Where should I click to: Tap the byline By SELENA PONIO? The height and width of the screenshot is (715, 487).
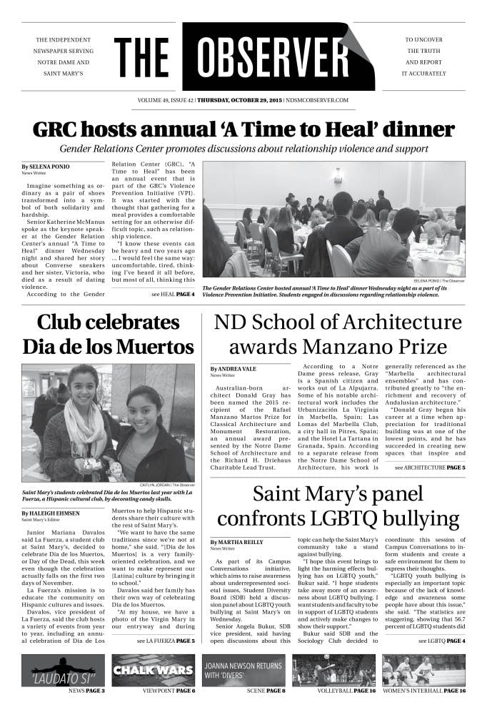pyautogui.click(x=45, y=166)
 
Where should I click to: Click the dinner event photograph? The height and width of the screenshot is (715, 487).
pyautogui.click(x=333, y=219)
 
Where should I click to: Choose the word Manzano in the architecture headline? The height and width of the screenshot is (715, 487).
pyautogui.click(x=339, y=347)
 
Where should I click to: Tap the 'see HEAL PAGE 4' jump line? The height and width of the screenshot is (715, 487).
pyautogui.click(x=172, y=294)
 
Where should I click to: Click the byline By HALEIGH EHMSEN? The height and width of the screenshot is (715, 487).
pyautogui.click(x=51, y=513)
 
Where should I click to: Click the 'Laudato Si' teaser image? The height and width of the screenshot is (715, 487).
pyautogui.click(x=63, y=670)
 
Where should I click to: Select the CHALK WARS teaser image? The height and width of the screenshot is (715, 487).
pyautogui.click(x=154, y=670)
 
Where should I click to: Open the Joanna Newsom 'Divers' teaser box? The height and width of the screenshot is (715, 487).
pyautogui.click(x=243, y=670)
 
